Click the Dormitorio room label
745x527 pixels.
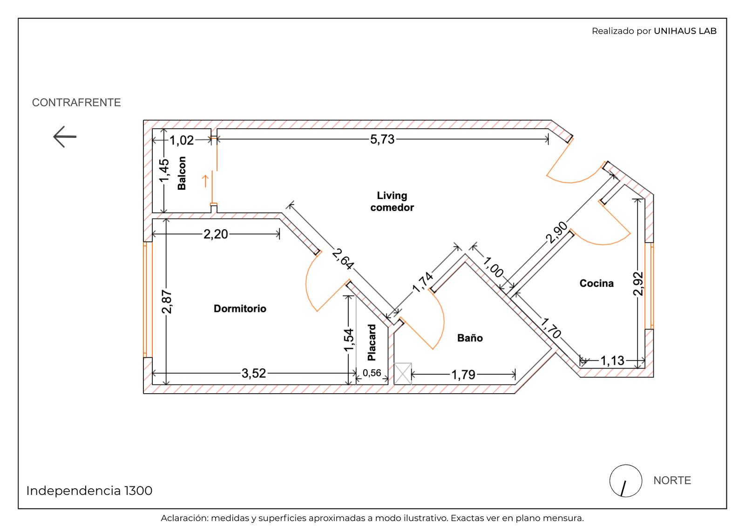point(240,308)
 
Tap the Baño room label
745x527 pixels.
point(470,338)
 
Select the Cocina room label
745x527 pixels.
point(596,283)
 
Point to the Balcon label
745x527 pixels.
point(182,173)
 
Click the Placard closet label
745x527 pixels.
point(372,342)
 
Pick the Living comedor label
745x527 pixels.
point(392,201)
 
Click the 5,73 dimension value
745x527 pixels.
point(382,139)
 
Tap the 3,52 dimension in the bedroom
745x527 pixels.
point(254,373)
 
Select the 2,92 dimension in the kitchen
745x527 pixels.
point(638,284)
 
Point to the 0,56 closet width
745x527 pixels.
point(372,373)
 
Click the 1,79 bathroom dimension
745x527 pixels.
point(463,375)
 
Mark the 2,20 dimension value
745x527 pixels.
point(216,234)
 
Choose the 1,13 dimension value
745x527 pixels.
point(612,361)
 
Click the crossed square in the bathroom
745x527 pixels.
point(403,374)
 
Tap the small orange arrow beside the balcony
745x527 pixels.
point(205,181)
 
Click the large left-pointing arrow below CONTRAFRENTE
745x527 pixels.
point(65,137)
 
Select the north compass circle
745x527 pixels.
point(626,481)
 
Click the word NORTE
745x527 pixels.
point(672,480)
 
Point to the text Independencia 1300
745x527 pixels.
point(89,491)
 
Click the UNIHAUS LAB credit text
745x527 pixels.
point(685,31)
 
